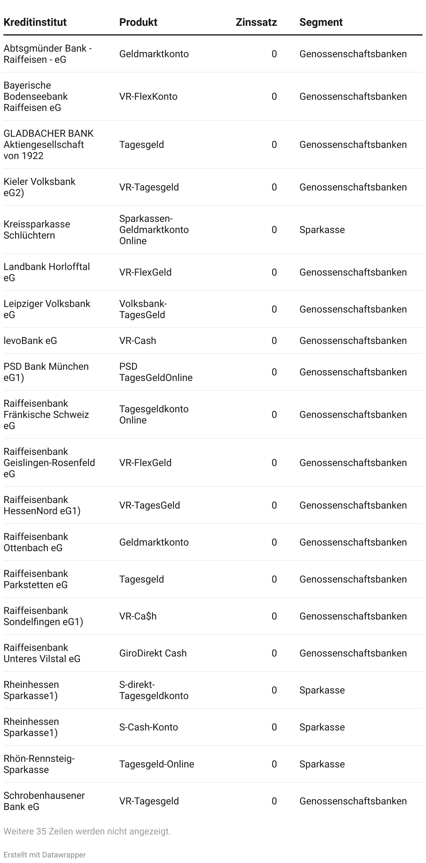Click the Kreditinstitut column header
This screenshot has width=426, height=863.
tap(35, 22)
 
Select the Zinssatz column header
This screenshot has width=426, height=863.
tap(256, 22)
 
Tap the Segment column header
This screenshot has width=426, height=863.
tap(321, 22)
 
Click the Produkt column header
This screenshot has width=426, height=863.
tap(138, 22)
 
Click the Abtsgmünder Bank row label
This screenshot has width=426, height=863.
tap(47, 54)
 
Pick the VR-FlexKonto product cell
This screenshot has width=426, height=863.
tap(148, 96)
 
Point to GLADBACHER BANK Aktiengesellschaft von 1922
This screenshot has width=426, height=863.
tap(49, 144)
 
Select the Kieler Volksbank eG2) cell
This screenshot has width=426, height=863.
tap(39, 187)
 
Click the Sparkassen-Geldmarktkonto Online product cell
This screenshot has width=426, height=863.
tap(154, 230)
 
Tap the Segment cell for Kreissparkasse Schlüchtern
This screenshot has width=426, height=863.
tap(322, 230)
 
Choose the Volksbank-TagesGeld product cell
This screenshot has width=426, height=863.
tap(143, 309)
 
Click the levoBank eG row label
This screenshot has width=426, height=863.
tap(30, 340)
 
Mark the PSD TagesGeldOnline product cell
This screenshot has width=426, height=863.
tap(156, 372)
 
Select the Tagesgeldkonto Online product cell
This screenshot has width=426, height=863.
tap(154, 414)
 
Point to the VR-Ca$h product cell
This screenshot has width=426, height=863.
tap(138, 616)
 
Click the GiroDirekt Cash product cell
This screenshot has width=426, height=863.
tap(153, 653)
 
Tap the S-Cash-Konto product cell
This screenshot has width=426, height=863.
tap(148, 727)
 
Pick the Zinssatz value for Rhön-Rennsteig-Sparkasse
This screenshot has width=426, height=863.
tap(274, 764)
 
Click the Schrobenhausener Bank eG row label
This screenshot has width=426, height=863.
tap(44, 801)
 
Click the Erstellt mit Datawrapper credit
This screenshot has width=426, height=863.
tap(44, 855)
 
